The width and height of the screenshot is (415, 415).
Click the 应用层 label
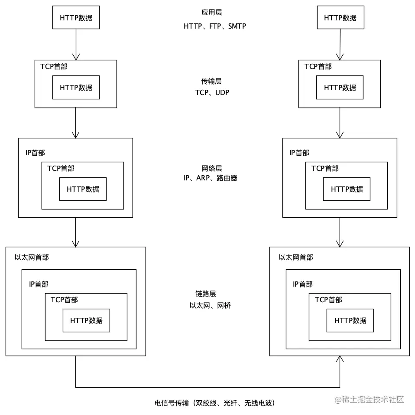click(212, 13)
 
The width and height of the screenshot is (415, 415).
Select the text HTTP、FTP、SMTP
click(215, 26)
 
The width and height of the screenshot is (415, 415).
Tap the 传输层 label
click(211, 81)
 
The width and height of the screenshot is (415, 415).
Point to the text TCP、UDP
click(212, 92)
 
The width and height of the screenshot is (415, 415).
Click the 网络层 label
click(212, 168)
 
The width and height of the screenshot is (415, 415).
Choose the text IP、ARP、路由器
click(211, 178)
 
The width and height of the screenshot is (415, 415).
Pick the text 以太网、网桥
click(210, 305)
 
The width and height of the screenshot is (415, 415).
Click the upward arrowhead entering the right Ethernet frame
click(340, 359)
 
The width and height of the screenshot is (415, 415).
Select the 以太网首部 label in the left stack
click(32, 257)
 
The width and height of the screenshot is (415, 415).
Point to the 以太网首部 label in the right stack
click(296, 257)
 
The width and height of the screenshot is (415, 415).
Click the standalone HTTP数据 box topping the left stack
click(76, 17)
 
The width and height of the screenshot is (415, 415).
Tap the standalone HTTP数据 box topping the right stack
click(340, 17)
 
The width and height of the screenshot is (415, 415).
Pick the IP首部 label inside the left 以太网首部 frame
click(39, 284)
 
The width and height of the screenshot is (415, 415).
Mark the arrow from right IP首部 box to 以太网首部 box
click(340, 232)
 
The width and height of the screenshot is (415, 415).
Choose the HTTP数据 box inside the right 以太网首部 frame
click(350, 320)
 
